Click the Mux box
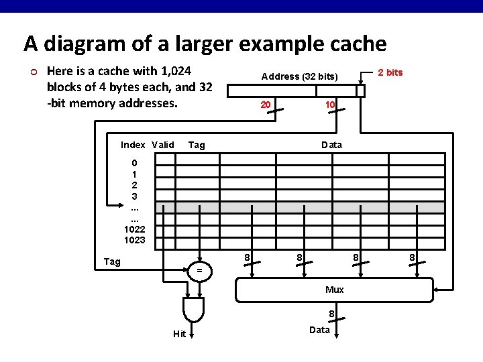coord(334,289)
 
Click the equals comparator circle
coord(199,270)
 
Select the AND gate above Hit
coord(193,308)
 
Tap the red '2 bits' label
coord(390,72)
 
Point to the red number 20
coord(266,105)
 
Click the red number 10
coord(329,105)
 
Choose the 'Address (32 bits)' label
coord(300,76)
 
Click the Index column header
coord(133,145)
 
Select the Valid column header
coord(163,145)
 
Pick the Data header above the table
coord(331,145)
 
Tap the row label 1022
coord(134,229)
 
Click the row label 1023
coord(134,240)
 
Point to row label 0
coord(134,163)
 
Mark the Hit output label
coord(179,335)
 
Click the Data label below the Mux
coord(319,329)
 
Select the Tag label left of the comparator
coord(112,261)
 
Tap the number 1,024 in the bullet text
coord(172,71)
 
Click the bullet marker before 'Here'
coord(32,71)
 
